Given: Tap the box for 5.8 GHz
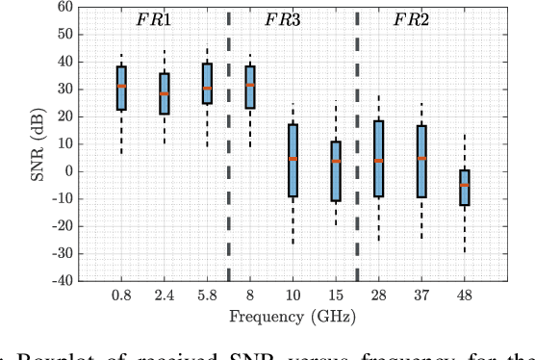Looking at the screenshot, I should [x=207, y=84].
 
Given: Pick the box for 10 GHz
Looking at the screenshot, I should [x=293, y=160].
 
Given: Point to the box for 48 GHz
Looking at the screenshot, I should [x=464, y=187].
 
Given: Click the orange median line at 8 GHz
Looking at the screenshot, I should [x=250, y=85].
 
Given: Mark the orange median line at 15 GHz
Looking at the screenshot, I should [x=336, y=161].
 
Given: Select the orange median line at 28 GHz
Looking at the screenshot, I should [x=378, y=161].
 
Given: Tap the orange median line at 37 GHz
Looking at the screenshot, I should [x=421, y=158].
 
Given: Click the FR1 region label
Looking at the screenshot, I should [x=154, y=20].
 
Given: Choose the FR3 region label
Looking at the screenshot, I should [x=283, y=20].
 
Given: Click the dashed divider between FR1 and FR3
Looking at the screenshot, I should [x=229, y=144].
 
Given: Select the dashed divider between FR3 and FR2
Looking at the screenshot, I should [x=357, y=144].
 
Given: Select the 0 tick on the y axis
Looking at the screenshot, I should [x=69, y=171].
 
